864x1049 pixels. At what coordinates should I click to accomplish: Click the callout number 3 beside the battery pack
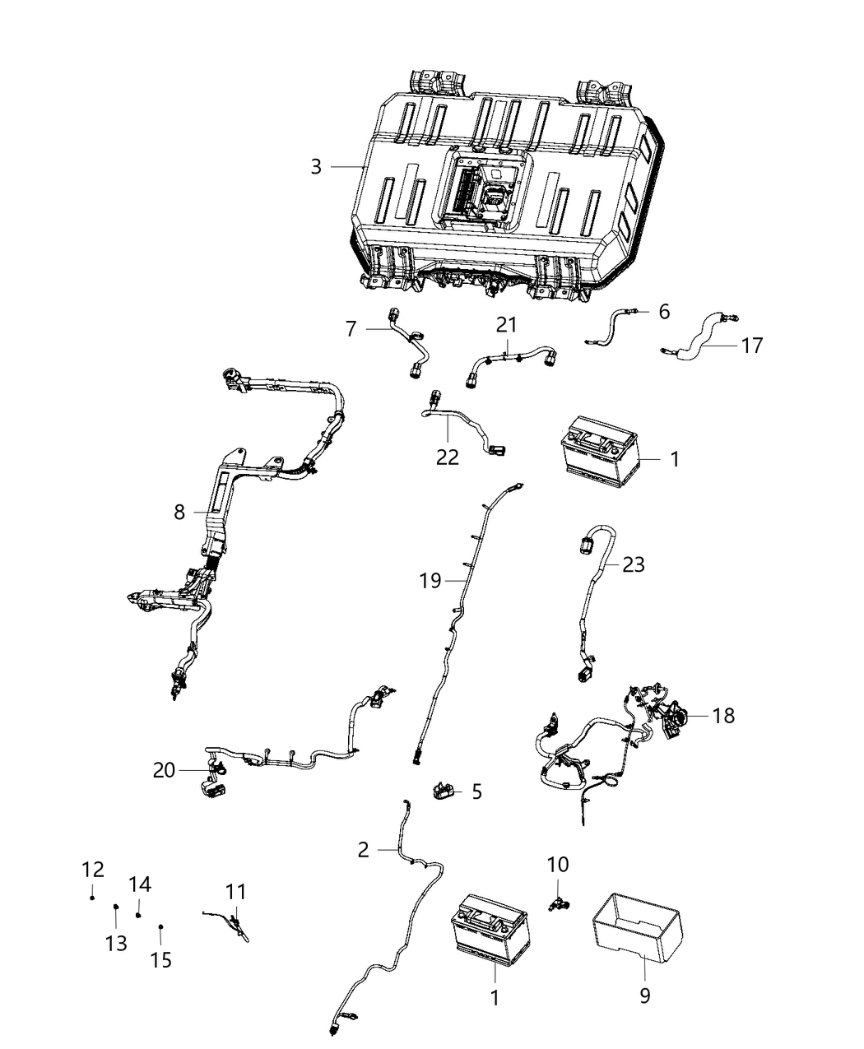316,167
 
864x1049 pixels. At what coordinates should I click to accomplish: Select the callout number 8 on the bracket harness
179,512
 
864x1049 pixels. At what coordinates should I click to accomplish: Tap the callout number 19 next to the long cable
430,582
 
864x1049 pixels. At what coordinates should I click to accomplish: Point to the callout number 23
634,564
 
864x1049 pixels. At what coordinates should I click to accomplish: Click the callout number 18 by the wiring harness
723,716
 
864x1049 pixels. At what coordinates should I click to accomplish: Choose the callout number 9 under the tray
644,996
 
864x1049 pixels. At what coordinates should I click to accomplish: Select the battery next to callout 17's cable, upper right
600,449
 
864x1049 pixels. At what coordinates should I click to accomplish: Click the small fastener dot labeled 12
92,897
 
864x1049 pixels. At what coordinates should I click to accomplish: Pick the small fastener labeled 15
160,926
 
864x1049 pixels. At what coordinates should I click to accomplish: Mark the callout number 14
140,884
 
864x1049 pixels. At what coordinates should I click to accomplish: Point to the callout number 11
236,891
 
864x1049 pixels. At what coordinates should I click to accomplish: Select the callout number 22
448,457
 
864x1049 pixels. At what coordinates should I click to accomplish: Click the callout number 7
351,329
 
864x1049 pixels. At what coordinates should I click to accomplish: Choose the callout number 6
663,312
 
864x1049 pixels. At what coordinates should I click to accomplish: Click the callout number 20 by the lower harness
165,770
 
